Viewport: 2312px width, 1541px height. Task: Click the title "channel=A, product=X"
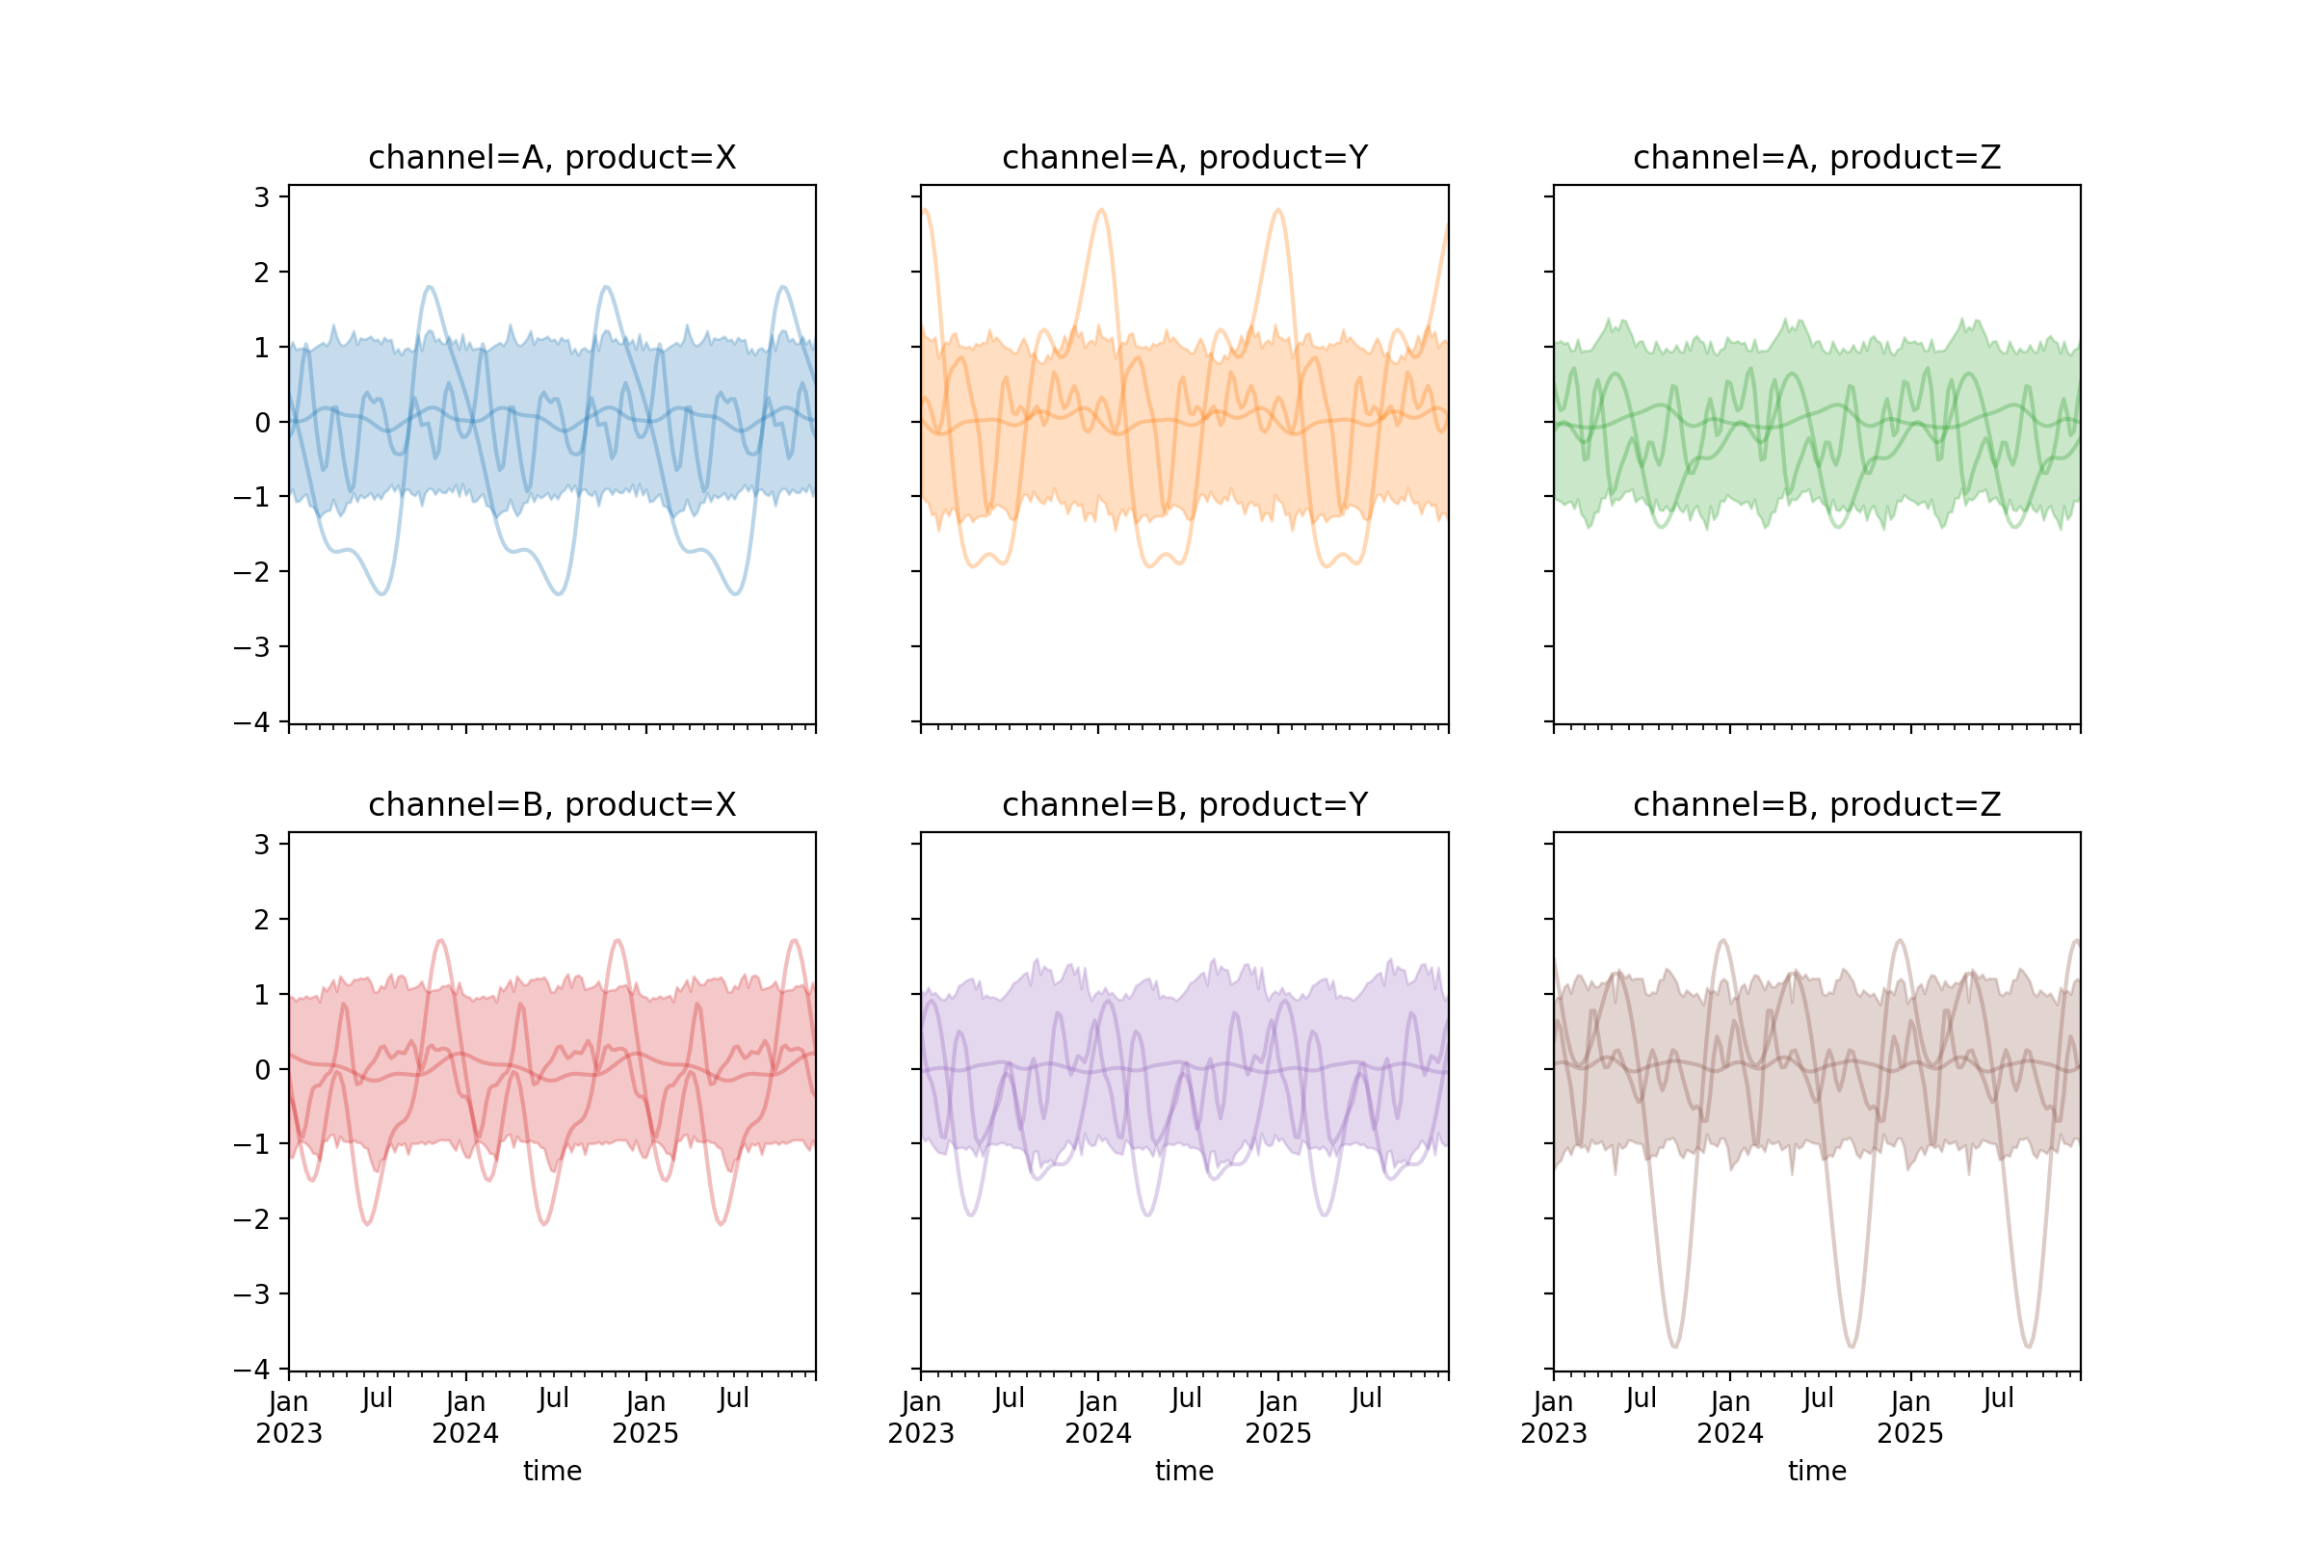(x=551, y=158)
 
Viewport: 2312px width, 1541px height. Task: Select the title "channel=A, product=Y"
(x=1185, y=158)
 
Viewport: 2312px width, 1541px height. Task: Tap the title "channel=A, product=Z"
(x=1817, y=158)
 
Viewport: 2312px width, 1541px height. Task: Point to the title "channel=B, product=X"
(x=551, y=806)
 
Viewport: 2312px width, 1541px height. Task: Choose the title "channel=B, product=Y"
(x=1185, y=806)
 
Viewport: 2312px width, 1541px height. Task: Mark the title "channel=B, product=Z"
(x=1817, y=806)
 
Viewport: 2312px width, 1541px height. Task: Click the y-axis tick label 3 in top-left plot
(x=261, y=197)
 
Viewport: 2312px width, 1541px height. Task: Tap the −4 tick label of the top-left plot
(x=251, y=722)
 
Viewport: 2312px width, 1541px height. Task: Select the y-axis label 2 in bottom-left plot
(x=261, y=921)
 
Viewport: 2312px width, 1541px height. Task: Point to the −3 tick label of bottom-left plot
(x=251, y=1294)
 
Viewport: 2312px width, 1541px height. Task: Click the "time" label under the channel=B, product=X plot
(x=551, y=1472)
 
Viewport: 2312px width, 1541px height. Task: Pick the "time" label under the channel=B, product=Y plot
(x=1185, y=1472)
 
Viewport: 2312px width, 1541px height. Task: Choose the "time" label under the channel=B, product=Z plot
(x=1817, y=1472)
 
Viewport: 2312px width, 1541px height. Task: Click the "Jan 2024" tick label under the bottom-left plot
(x=465, y=1417)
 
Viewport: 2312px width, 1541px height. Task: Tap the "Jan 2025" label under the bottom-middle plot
(x=1278, y=1417)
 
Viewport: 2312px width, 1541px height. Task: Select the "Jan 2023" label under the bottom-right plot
(x=1553, y=1417)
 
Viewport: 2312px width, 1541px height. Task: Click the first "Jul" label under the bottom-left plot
(x=377, y=1399)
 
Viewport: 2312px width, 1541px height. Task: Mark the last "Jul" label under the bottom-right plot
(x=1998, y=1399)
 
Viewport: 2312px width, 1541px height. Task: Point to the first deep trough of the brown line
(x=1675, y=1345)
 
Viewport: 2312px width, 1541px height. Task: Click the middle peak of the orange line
(x=1102, y=210)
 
